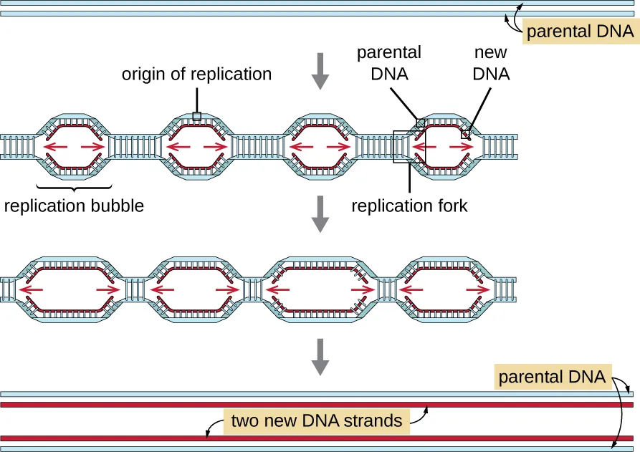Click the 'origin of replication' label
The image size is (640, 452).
(x=196, y=74)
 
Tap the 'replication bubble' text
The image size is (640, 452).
(x=74, y=206)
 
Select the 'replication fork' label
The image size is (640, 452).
(x=409, y=206)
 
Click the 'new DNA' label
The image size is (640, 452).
(x=491, y=63)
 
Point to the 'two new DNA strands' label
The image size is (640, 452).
(x=317, y=420)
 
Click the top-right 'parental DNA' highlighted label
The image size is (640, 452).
(x=580, y=32)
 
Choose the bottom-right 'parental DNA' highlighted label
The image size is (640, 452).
(x=551, y=376)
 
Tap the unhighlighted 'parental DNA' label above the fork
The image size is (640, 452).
(x=388, y=63)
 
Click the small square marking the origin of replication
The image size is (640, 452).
(x=196, y=116)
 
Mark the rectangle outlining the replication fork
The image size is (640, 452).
(x=409, y=147)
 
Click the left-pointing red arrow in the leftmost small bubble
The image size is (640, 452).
(x=54, y=148)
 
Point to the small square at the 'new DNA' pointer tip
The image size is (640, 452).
(x=464, y=134)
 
